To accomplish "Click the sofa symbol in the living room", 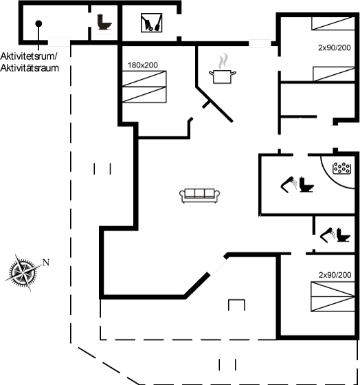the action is click(x=199, y=196).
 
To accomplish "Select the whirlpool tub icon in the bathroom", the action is click(x=341, y=168).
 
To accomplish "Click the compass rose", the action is click(x=23, y=272).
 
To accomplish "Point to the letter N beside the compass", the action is click(x=46, y=263).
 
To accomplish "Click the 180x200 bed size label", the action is click(x=143, y=65).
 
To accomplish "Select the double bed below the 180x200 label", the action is click(x=144, y=87).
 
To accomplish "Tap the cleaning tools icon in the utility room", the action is click(x=151, y=23).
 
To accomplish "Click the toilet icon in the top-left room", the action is click(x=104, y=22).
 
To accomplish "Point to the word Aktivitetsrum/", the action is click(x=29, y=56).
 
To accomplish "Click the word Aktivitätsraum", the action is click(x=30, y=68).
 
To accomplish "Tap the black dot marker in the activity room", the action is click(x=38, y=23).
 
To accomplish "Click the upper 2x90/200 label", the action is click(x=334, y=47).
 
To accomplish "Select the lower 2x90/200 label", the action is click(x=335, y=275).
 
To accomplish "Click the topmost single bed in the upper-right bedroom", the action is click(x=333, y=23).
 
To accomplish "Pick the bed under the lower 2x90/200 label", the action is click(x=333, y=297).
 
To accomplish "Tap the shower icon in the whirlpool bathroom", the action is click(x=289, y=184).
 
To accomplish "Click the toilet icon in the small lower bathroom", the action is click(x=343, y=235).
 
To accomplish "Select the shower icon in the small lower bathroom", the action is click(x=328, y=235).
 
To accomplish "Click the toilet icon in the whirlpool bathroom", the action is click(x=306, y=184).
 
